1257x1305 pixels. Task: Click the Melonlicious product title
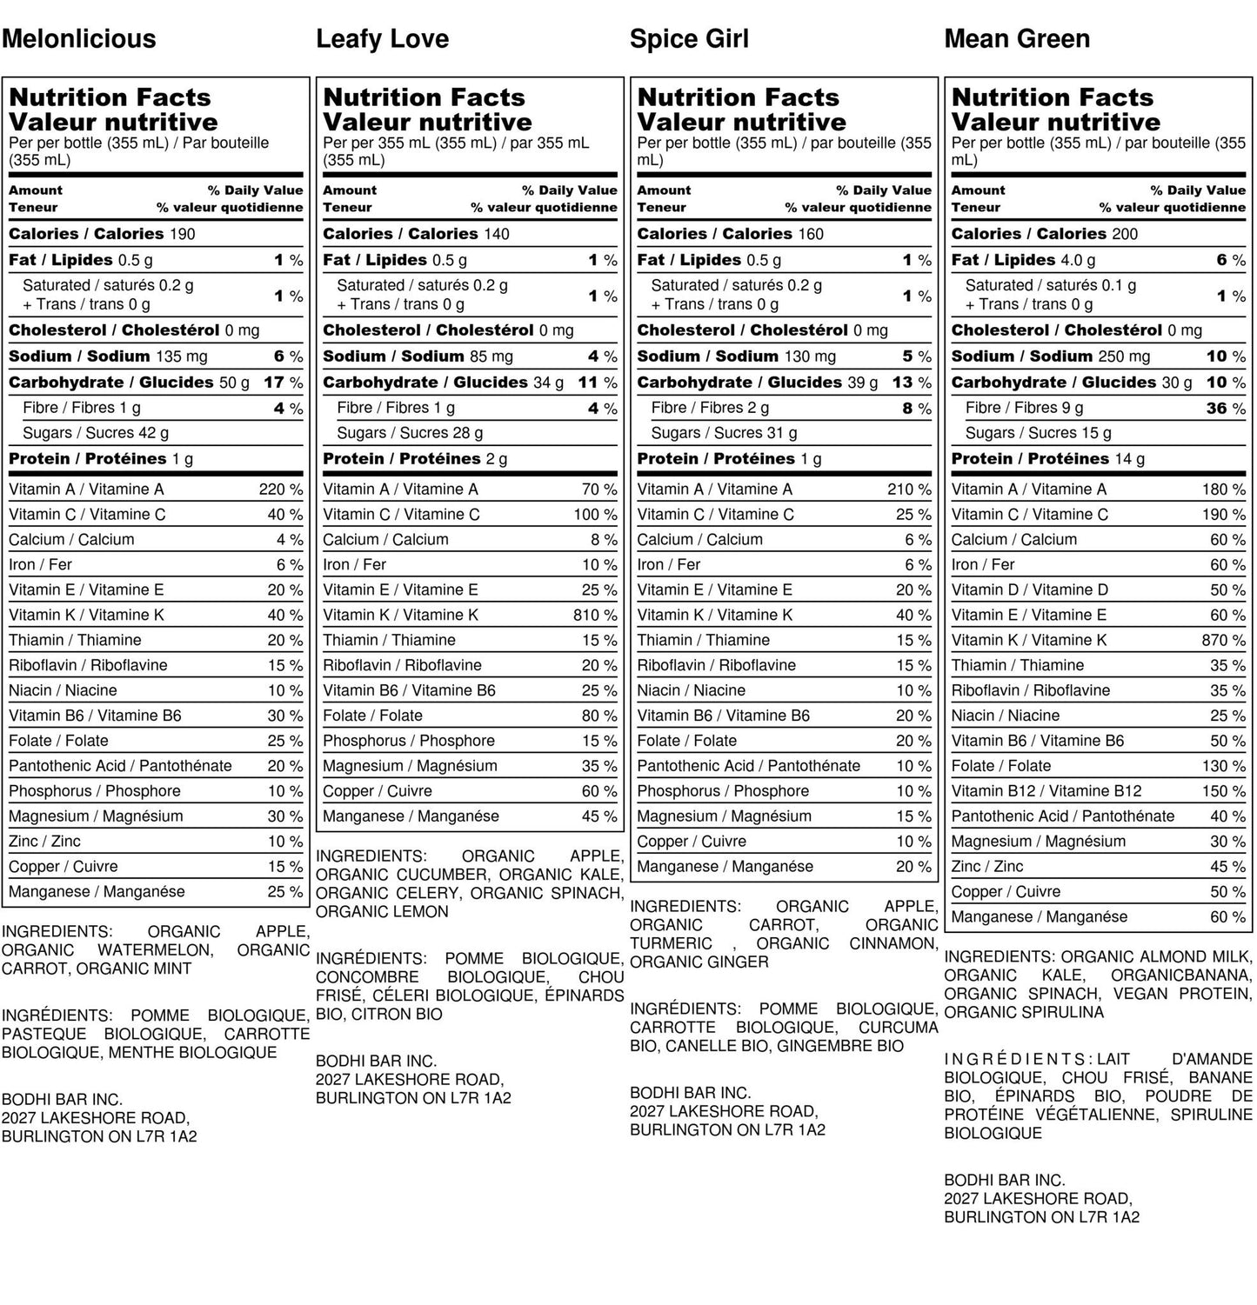[79, 39]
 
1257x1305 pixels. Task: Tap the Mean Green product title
[1017, 39]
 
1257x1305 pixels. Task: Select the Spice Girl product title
[689, 39]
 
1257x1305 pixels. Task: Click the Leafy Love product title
[383, 39]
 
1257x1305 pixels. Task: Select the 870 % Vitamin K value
[1223, 641]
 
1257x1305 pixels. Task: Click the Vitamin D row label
[1029, 590]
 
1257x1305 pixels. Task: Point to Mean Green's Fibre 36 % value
[1226, 409]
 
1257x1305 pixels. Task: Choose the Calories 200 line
[1044, 234]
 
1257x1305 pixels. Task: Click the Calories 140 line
[416, 234]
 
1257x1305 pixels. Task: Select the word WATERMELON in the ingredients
[154, 950]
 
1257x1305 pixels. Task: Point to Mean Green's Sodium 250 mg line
[1050, 356]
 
